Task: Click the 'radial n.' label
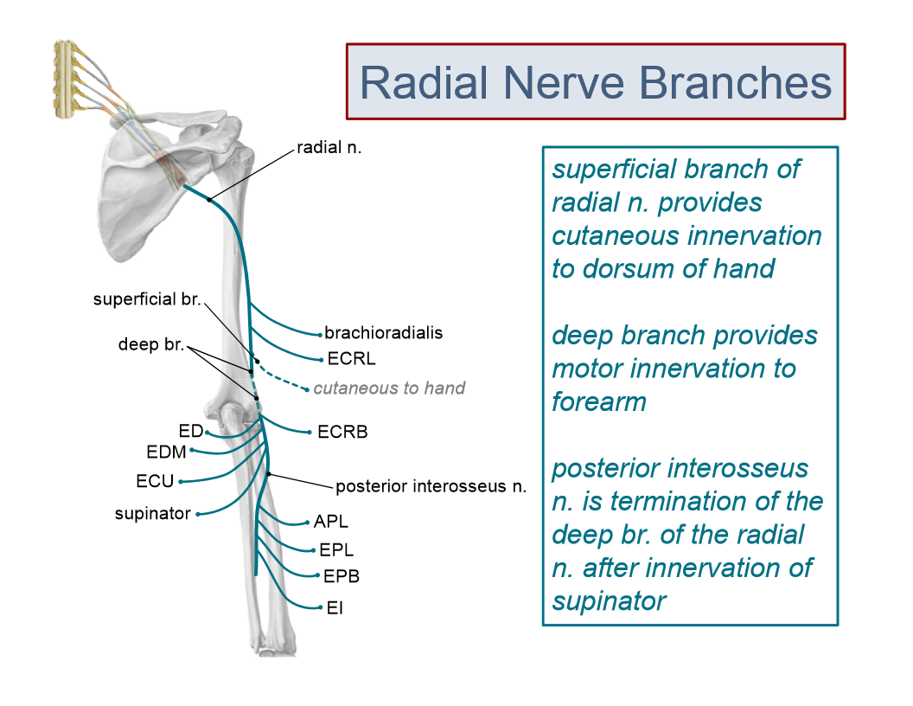coord(329,147)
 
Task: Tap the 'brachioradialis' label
coord(383,333)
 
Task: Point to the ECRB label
coord(342,432)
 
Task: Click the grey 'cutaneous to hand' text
coord(389,388)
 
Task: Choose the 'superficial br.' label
coord(147,299)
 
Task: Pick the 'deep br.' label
coord(151,345)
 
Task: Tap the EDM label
coord(165,451)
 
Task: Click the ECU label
coord(155,481)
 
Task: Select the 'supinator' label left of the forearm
coord(152,514)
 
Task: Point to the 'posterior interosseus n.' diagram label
coord(431,486)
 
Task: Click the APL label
coord(331,522)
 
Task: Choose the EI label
coord(335,608)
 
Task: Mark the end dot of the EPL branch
coord(313,550)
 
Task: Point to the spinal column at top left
coord(67,78)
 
